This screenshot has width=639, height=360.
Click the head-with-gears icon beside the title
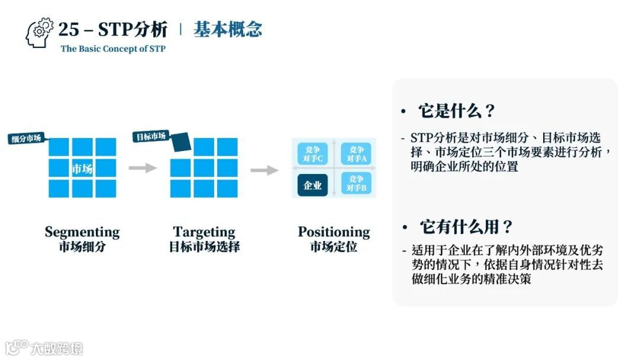click(x=40, y=33)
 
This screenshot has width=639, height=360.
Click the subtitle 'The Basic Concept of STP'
click(x=113, y=49)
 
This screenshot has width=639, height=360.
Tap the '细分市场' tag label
click(x=27, y=139)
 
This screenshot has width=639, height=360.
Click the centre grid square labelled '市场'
click(x=82, y=169)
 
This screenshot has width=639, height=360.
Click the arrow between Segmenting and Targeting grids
click(x=142, y=168)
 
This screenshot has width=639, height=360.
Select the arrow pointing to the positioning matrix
click(x=264, y=171)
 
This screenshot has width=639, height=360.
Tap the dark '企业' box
click(x=312, y=185)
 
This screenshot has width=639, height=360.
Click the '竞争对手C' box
click(x=312, y=154)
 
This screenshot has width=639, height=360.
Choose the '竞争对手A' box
click(x=356, y=154)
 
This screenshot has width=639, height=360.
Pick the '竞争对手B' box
click(x=356, y=184)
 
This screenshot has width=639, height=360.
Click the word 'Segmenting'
click(x=82, y=232)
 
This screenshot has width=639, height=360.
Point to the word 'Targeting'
click(x=204, y=232)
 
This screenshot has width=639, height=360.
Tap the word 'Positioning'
click(x=334, y=232)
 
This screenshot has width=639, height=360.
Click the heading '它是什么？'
click(x=456, y=111)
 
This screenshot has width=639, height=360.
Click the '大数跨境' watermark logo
click(x=44, y=348)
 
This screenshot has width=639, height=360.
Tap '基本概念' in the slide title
click(x=228, y=29)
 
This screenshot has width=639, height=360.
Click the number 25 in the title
click(x=69, y=29)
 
